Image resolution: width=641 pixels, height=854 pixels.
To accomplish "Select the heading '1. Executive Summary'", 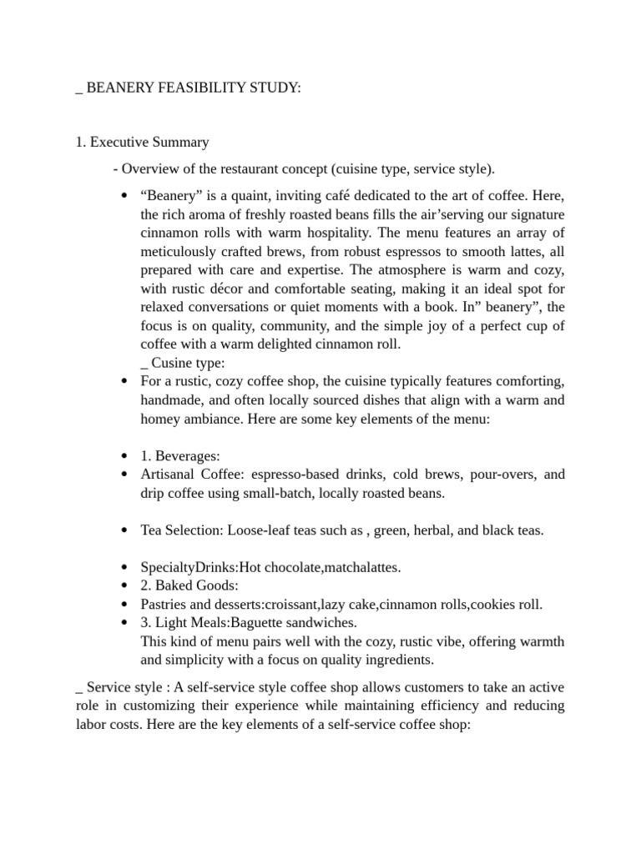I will coord(142,142).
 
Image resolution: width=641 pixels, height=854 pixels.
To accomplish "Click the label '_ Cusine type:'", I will coord(183,363).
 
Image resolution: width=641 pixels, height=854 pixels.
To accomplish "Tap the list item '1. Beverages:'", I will coord(180,456).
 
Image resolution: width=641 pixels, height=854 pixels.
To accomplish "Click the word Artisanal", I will coord(169,475).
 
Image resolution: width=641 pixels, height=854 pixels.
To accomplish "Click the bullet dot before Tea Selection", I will coord(124,530).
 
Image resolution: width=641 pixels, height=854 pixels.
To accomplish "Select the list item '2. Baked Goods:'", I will coord(189,585).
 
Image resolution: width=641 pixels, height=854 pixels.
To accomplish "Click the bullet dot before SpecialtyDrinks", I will coord(124,568).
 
